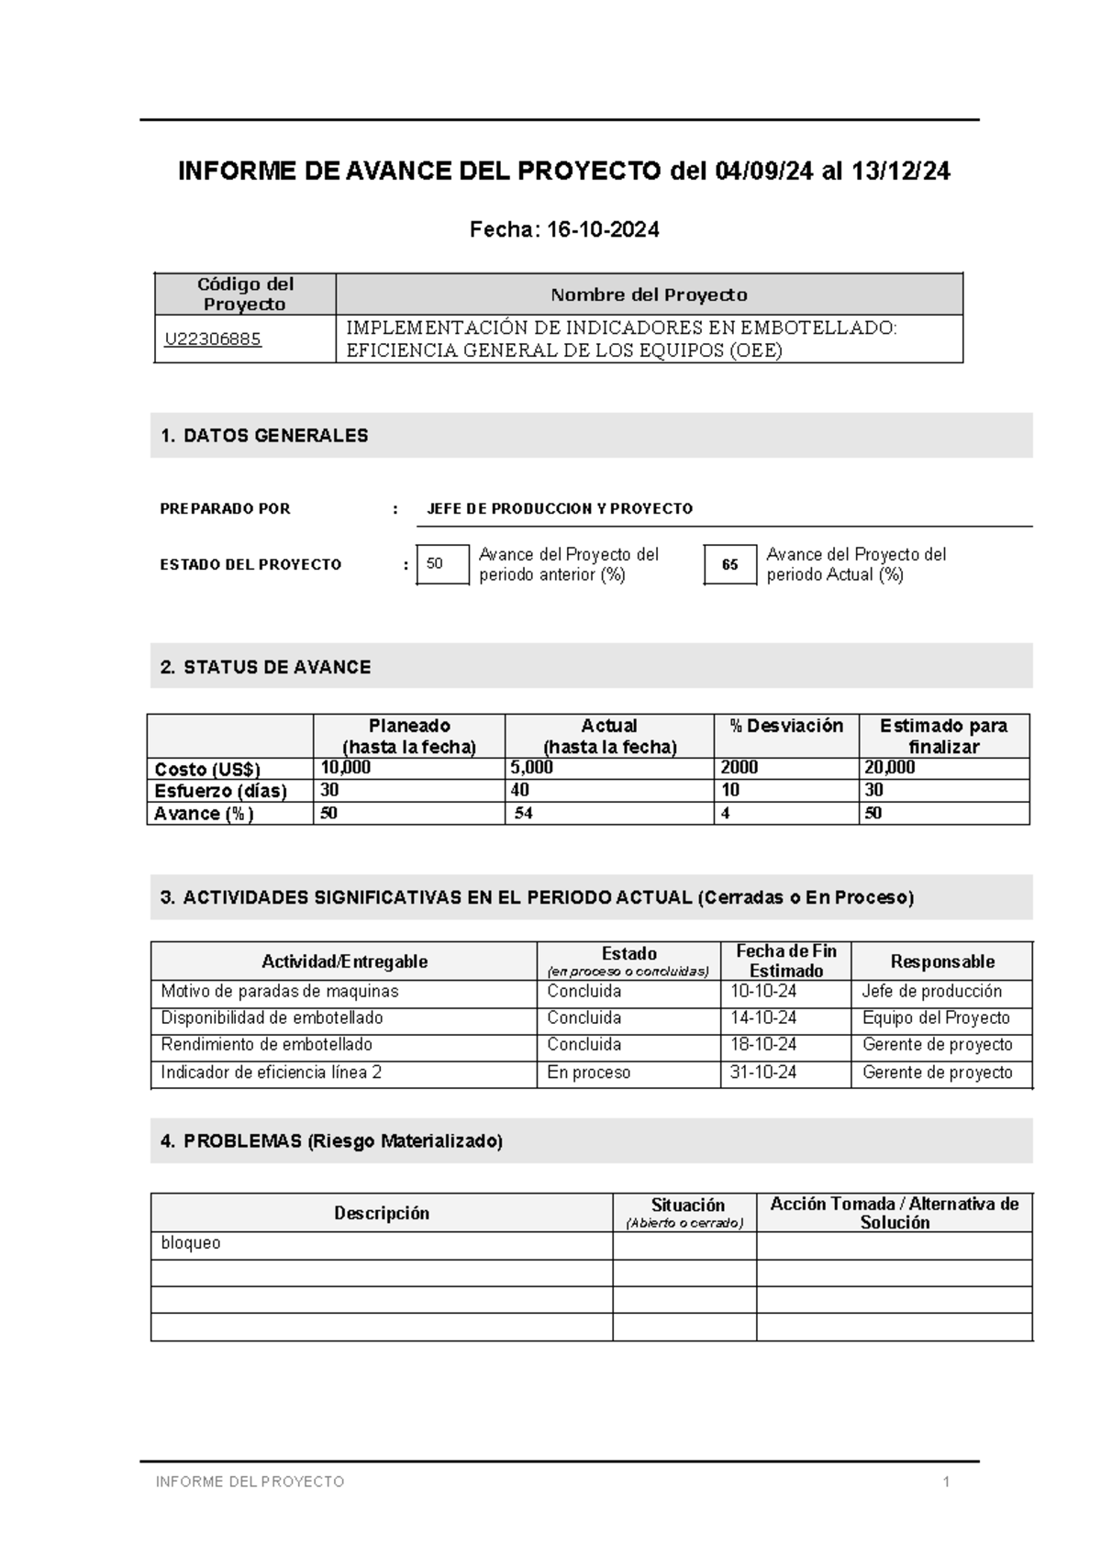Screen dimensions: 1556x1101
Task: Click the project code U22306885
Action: tap(213, 339)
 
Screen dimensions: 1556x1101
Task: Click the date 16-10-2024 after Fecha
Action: tap(602, 230)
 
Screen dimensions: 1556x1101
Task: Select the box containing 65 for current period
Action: tap(730, 564)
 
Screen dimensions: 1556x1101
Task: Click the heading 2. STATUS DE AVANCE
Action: tap(265, 667)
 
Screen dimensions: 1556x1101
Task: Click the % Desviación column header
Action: tap(786, 726)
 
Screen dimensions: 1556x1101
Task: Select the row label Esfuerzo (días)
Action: tap(220, 791)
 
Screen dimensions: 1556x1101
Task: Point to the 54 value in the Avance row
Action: tap(523, 814)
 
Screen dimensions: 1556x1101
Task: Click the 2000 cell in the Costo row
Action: tap(740, 768)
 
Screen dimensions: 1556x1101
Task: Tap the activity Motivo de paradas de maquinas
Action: tap(279, 991)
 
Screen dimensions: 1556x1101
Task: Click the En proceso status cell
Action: tap(588, 1073)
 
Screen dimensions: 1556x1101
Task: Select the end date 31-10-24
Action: tap(763, 1073)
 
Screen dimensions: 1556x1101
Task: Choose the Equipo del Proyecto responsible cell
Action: tap(936, 1017)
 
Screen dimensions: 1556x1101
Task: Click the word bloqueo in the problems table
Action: tap(191, 1243)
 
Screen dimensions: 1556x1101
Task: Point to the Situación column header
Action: tap(687, 1206)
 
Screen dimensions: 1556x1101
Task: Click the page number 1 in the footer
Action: tap(946, 1482)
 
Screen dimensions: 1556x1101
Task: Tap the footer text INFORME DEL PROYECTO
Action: tap(250, 1482)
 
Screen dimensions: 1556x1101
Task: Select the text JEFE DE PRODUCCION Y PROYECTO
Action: tap(560, 508)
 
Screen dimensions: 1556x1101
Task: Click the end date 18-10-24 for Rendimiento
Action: tap(763, 1044)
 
